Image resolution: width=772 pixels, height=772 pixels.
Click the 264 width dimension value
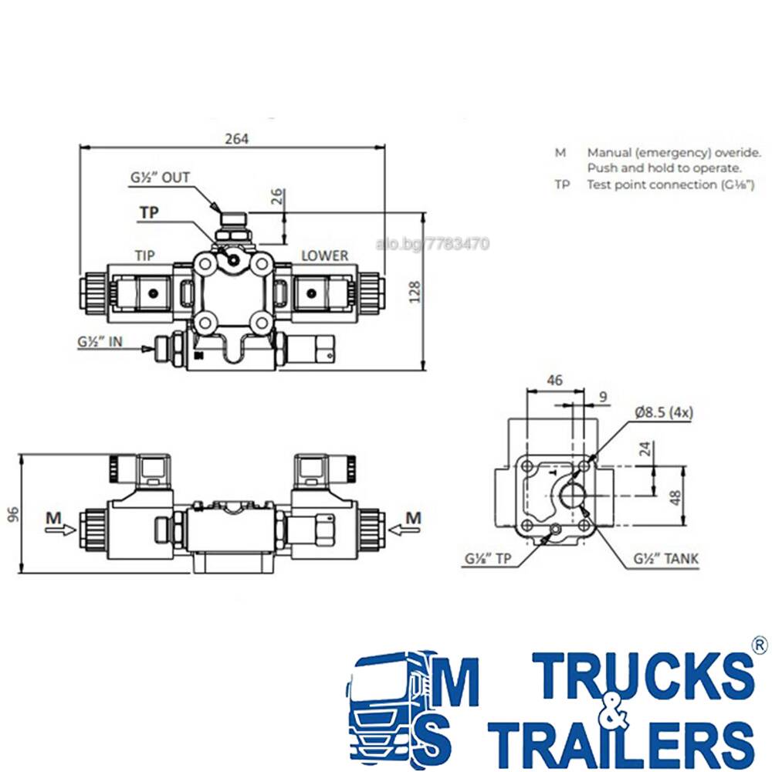pyautogui.click(x=237, y=139)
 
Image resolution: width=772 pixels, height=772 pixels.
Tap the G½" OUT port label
pyautogui.click(x=160, y=178)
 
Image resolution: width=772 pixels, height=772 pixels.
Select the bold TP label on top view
pyautogui.click(x=149, y=213)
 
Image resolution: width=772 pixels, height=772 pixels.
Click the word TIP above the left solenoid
pyautogui.click(x=145, y=256)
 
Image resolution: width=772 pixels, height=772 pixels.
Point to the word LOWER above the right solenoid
pyautogui.click(x=324, y=256)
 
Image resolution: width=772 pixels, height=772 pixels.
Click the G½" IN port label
pyautogui.click(x=100, y=342)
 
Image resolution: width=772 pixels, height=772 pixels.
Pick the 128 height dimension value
pyautogui.click(x=415, y=292)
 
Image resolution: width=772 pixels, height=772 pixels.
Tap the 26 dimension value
pyautogui.click(x=277, y=196)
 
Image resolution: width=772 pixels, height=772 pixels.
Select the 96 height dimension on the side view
pyautogui.click(x=13, y=513)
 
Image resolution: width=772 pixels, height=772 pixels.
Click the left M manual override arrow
pyautogui.click(x=60, y=530)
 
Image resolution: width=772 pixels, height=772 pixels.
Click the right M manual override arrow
pyautogui.click(x=405, y=530)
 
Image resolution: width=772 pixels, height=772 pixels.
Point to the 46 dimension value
pyautogui.click(x=555, y=380)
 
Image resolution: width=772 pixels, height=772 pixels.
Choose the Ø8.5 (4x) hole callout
pyautogui.click(x=664, y=412)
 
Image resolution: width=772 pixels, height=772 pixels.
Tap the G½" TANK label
pyautogui.click(x=665, y=559)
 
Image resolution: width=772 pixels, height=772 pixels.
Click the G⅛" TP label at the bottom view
pyautogui.click(x=488, y=559)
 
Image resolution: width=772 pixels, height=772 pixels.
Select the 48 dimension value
pyautogui.click(x=675, y=497)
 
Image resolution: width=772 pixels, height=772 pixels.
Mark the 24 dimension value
pyautogui.click(x=645, y=449)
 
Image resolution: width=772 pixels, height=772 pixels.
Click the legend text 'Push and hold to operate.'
pyautogui.click(x=664, y=168)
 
